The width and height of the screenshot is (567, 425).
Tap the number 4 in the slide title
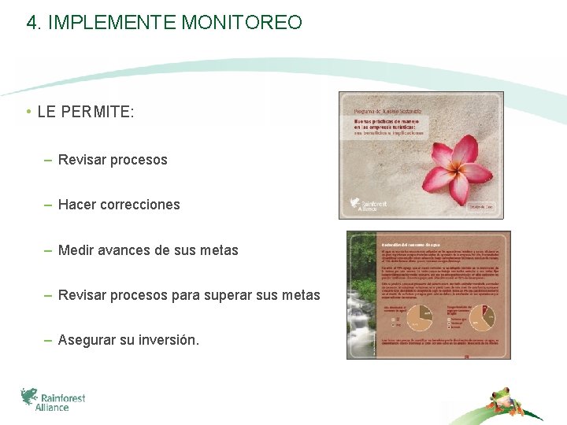31,22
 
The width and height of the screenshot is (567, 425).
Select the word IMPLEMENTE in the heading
113,22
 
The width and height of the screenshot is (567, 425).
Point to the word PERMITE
98,112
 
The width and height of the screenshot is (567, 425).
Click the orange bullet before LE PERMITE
28,112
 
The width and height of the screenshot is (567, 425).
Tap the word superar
250,295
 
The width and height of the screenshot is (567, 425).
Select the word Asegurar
87,340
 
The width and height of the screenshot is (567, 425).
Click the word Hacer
77,205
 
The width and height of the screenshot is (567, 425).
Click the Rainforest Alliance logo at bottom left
54,399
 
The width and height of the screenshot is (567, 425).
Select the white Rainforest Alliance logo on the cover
367,205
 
